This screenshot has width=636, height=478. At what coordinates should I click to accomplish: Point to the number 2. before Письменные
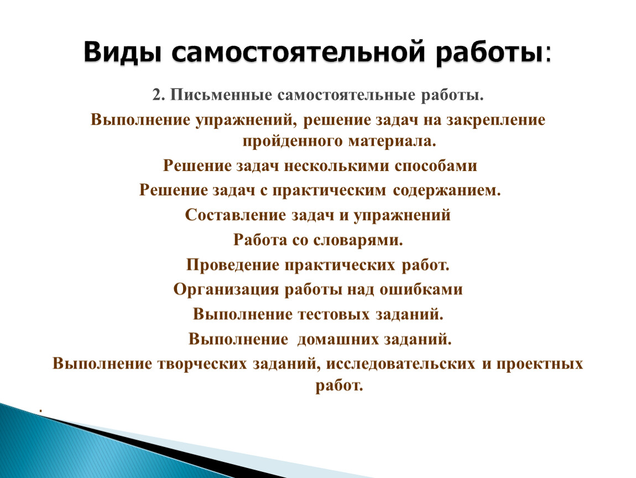(159, 95)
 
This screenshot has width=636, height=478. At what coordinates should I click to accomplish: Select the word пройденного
(293, 142)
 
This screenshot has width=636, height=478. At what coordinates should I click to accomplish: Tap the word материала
(392, 141)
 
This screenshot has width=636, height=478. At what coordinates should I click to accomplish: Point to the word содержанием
(446, 190)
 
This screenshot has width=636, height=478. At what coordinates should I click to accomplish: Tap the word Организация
(226, 290)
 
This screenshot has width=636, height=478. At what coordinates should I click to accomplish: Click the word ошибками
(421, 289)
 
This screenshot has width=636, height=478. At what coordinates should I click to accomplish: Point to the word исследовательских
(401, 363)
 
